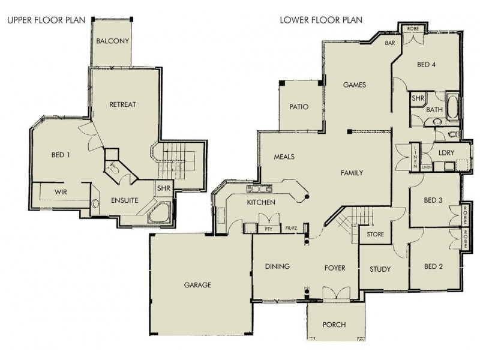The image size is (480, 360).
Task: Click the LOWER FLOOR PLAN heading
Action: (321, 19)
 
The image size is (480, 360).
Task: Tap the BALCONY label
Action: (113, 41)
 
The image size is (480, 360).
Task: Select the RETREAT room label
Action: (122, 104)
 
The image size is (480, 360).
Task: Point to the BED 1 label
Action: (60, 155)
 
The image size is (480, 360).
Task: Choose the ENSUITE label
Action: (124, 200)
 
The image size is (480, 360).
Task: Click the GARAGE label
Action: (197, 285)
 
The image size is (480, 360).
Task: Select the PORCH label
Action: (334, 325)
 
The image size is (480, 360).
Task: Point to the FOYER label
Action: (334, 267)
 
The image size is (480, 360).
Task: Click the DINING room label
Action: (277, 266)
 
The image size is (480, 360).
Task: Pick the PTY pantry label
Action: (268, 229)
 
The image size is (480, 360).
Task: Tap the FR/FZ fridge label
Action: (292, 229)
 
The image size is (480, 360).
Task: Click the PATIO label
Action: (298, 108)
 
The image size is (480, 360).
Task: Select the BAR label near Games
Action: (389, 43)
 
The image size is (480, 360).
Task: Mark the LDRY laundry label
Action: (445, 152)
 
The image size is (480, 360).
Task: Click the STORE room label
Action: (376, 234)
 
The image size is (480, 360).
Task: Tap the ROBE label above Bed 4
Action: (413, 28)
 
